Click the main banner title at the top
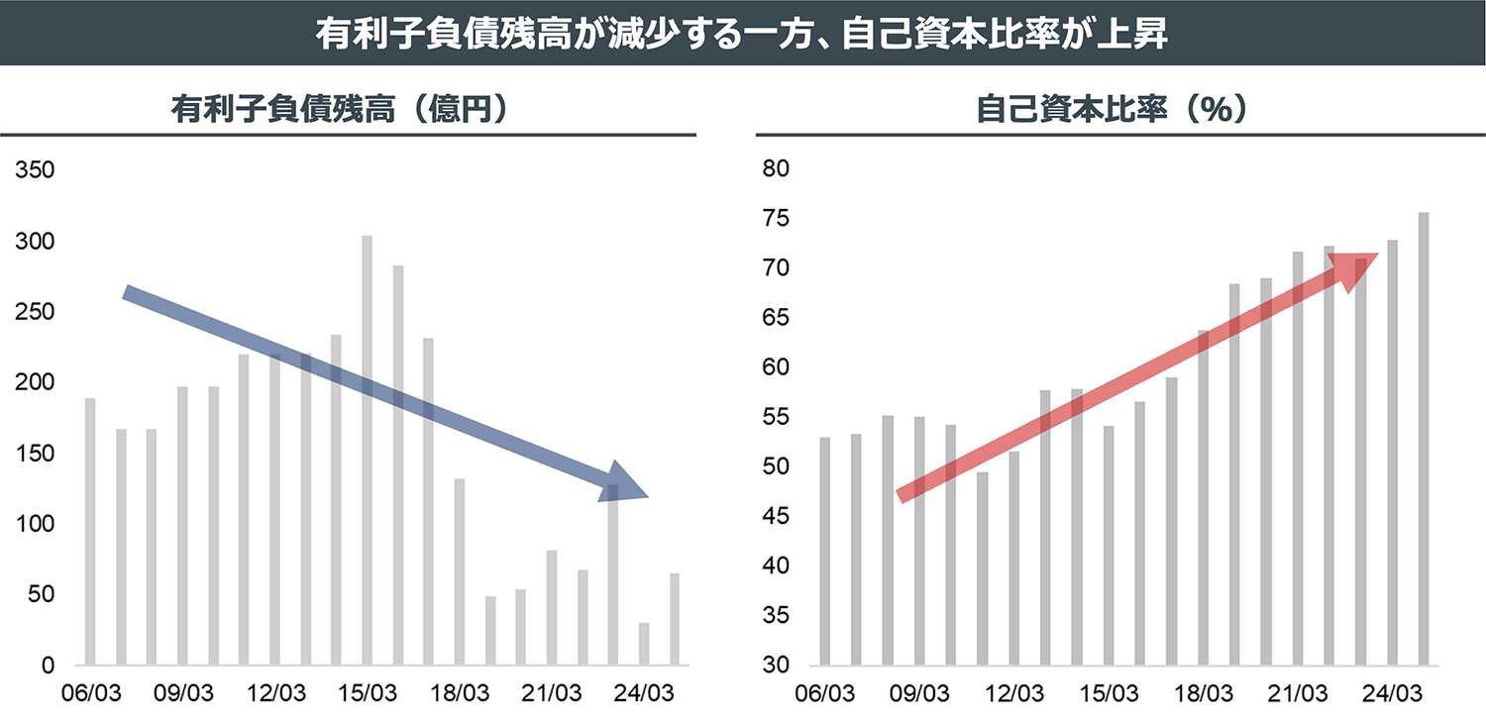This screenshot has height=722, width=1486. click(x=743, y=34)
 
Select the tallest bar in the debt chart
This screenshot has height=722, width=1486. click(x=367, y=451)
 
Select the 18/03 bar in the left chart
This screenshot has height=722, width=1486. click(x=460, y=572)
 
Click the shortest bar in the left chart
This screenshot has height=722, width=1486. click(x=644, y=644)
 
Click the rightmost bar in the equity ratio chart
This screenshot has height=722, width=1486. click(x=1424, y=439)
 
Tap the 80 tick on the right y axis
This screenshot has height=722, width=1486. click(x=775, y=169)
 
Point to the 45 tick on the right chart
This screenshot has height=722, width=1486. click(x=775, y=516)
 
